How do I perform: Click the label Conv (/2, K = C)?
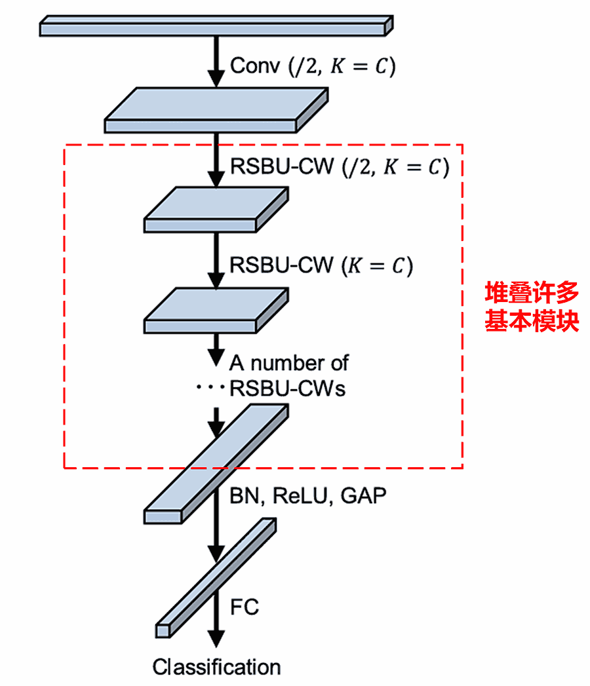point(313,66)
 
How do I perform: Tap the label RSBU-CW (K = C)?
point(321,266)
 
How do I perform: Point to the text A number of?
point(289,362)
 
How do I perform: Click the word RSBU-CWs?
point(287,389)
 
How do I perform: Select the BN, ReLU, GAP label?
point(307,496)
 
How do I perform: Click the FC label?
point(245,607)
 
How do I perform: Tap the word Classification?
point(216,667)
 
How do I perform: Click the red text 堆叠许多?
point(532,293)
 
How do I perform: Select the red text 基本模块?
point(532,322)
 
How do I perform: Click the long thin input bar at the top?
point(216,26)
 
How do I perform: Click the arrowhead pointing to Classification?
point(216,638)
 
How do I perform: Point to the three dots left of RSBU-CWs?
point(210,389)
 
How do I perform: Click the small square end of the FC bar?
point(162,630)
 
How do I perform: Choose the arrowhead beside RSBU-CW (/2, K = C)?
point(216,178)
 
